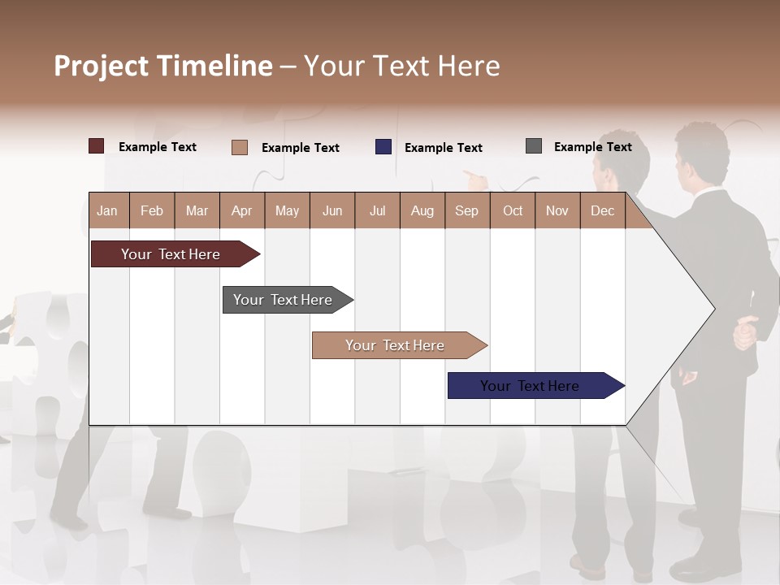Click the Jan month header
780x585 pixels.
pos(108,210)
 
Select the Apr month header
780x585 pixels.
pos(242,210)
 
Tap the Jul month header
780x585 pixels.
pos(377,210)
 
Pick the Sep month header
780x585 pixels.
pos(467,210)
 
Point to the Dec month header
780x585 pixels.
pos(602,210)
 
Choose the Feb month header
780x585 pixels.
pos(152,210)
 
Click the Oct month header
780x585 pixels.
pos(513,210)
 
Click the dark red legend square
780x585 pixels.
pos(97,146)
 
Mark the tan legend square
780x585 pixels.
pos(240,147)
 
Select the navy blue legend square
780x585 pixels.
pos(383,147)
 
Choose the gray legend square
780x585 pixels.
pos(534,146)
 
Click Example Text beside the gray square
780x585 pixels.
pos(592,147)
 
